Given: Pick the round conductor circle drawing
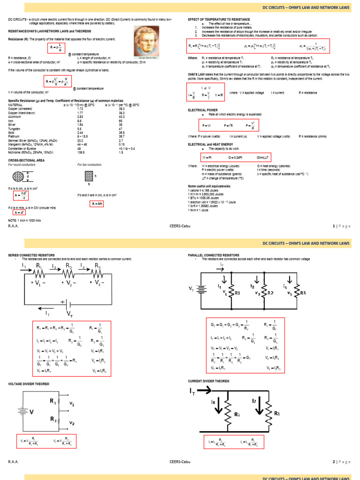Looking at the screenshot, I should (19, 177).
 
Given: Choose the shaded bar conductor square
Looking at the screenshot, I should (89, 176).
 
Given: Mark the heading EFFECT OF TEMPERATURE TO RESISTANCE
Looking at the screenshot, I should (219, 19).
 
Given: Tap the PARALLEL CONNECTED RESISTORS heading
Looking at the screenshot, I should (213, 255).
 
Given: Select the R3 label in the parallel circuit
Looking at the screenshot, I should (303, 293).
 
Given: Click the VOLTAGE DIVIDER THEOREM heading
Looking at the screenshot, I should (29, 384).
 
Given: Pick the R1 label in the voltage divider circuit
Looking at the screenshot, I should (52, 401).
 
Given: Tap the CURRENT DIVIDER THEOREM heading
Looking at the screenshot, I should (209, 381).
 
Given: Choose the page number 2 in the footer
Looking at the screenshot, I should (334, 462).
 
